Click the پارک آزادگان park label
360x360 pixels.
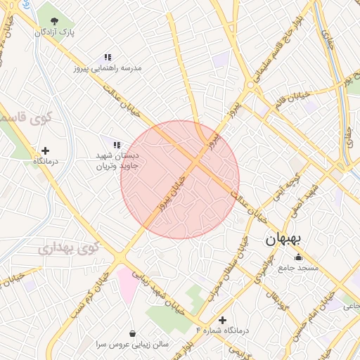point(56,32)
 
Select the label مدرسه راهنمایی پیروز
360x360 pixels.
point(107,69)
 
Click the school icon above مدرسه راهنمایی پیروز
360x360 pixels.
point(108,57)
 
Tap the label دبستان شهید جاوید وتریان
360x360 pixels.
point(119,161)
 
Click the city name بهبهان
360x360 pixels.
point(283,239)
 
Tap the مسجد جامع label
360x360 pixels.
point(298,268)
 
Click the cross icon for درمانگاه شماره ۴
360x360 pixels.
point(223,320)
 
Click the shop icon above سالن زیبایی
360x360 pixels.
point(134,333)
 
